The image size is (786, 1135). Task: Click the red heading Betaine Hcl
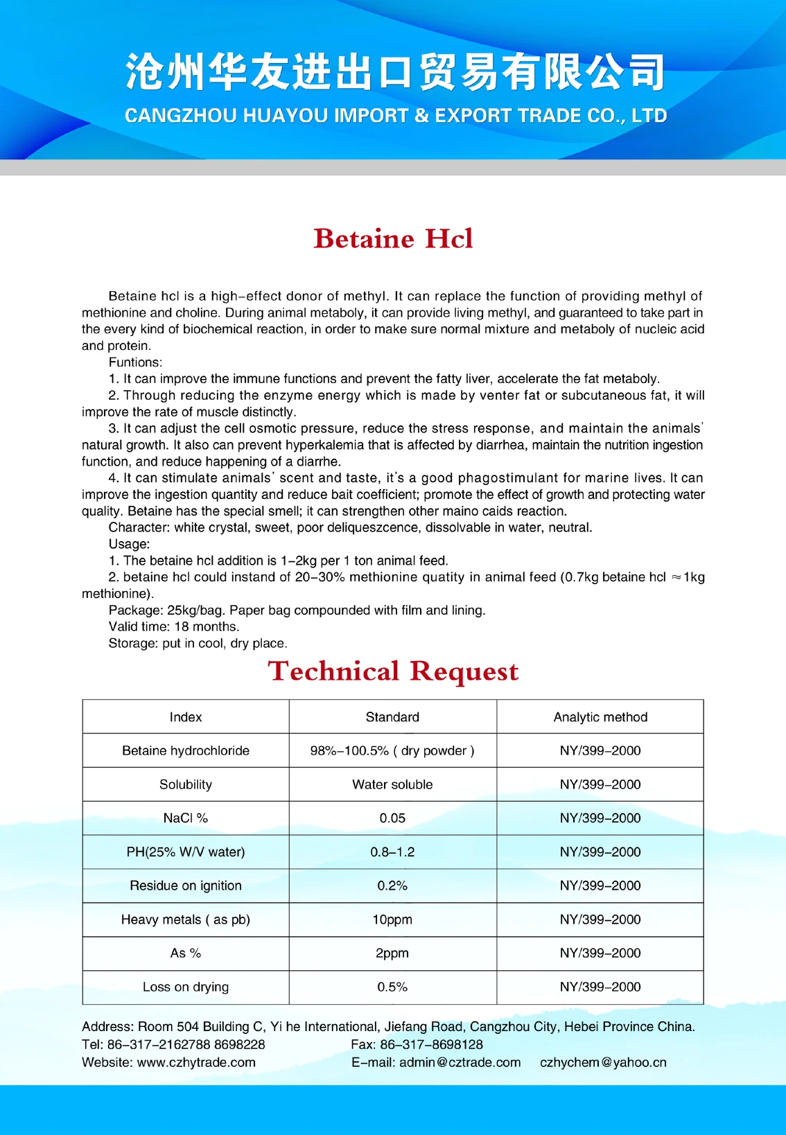coord(393,239)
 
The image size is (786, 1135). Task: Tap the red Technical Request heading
coord(393,671)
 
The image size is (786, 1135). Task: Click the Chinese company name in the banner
coord(395,72)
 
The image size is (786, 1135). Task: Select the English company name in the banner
coord(395,116)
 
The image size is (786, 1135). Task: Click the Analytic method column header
coord(600,717)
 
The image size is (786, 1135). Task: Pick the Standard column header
coord(392,717)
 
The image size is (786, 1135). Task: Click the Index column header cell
coord(186,717)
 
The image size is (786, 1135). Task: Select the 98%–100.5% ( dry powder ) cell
coord(392,751)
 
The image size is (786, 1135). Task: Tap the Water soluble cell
coord(392,785)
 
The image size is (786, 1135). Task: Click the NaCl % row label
coord(186,818)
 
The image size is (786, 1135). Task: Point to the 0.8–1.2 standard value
coord(392,852)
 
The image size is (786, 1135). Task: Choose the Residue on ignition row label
coord(186,886)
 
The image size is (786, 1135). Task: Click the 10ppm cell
coord(392,920)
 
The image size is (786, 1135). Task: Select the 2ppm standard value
coord(392,953)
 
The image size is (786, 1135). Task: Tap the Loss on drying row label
coord(186,987)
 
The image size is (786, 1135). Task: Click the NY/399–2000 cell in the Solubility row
coord(600,785)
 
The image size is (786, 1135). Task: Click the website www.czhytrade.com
coord(196,1063)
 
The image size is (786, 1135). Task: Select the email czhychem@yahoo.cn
coord(603,1063)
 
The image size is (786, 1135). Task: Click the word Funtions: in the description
coord(135,362)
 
